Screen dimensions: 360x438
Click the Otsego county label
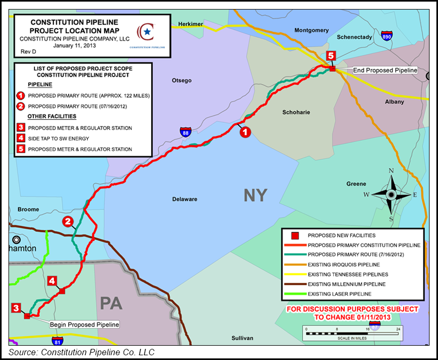(x=181, y=80)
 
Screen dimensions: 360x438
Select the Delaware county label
(x=185, y=199)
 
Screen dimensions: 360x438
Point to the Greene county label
(x=356, y=184)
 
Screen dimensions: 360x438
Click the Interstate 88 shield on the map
(x=185, y=132)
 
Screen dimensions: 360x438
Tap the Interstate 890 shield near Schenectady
(x=387, y=37)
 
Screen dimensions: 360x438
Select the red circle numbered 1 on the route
(x=245, y=132)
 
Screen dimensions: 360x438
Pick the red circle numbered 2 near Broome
(x=68, y=221)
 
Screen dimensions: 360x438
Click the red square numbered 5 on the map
(x=331, y=56)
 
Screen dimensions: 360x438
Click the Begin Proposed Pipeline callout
(x=84, y=325)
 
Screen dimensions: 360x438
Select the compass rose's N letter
(x=391, y=170)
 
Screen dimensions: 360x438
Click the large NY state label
(x=255, y=195)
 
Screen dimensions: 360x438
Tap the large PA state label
(x=112, y=303)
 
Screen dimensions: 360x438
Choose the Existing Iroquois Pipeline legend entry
(x=344, y=264)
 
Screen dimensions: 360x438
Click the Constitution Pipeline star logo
(x=147, y=32)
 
